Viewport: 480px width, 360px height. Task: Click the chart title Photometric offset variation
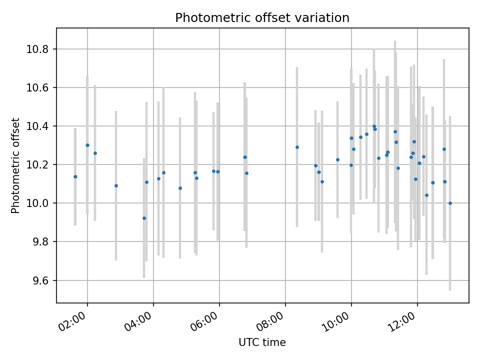coord(262,18)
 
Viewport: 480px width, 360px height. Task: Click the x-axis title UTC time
coord(262,342)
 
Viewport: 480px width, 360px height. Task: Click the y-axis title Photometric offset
coord(15,165)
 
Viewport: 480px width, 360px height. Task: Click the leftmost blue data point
coord(75,176)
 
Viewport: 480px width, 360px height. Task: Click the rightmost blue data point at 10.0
coord(450,203)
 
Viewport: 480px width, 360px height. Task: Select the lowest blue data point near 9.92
coord(144,218)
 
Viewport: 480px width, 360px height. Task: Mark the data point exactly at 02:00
coord(87,145)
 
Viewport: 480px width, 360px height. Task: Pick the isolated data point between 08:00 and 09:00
coord(297,147)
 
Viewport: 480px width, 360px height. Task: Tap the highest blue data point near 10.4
coord(374,126)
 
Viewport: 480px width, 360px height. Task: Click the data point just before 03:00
coord(116,185)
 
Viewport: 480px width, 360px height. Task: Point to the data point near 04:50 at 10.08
coord(180,188)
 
